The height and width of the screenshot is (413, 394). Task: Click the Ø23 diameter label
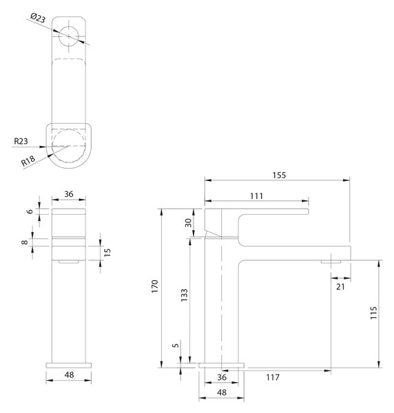(x=38, y=18)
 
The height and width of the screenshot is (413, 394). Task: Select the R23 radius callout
(x=21, y=141)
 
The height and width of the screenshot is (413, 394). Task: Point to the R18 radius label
(x=28, y=160)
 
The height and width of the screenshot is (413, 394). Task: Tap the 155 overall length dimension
(x=279, y=175)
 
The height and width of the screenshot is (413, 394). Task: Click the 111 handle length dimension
(x=256, y=196)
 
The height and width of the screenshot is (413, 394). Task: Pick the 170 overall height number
(x=155, y=286)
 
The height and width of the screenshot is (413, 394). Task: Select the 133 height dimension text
(x=184, y=295)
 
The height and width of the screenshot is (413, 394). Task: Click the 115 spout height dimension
(x=373, y=313)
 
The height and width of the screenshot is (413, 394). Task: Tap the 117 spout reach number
(x=273, y=377)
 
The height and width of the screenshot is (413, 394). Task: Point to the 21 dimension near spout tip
(x=340, y=286)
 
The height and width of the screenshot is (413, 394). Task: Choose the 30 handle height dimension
(x=188, y=223)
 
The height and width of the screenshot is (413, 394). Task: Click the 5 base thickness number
(x=175, y=345)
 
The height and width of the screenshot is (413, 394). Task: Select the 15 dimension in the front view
(x=107, y=253)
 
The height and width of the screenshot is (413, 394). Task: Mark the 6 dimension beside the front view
(x=30, y=211)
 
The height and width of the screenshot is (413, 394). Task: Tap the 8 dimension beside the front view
(x=25, y=242)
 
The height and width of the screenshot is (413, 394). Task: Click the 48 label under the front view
(x=69, y=375)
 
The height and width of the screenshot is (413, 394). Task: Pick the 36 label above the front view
(x=69, y=194)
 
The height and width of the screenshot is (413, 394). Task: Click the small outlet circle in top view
(x=68, y=36)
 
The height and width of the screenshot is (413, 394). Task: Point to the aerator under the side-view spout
(x=331, y=262)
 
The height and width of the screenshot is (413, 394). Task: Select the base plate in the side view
(x=221, y=366)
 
